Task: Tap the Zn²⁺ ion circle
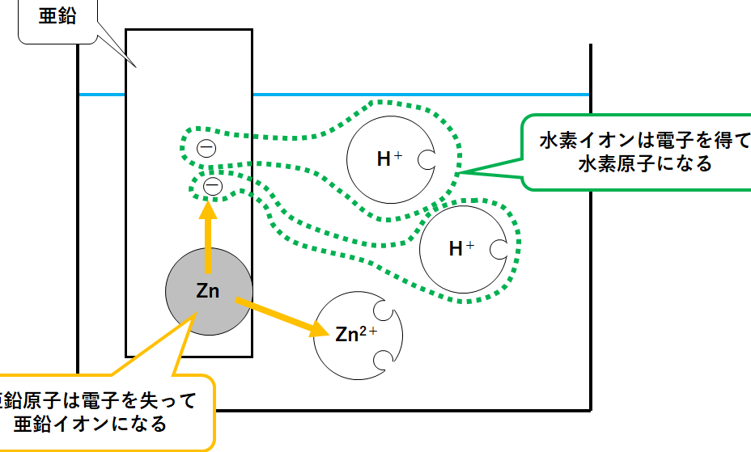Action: [356, 336]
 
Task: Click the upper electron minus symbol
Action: [206, 148]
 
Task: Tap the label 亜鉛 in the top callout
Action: [57, 15]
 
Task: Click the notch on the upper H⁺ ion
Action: [426, 160]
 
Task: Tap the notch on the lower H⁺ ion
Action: [499, 249]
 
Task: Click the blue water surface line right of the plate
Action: [421, 95]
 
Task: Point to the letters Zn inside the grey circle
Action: [208, 292]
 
